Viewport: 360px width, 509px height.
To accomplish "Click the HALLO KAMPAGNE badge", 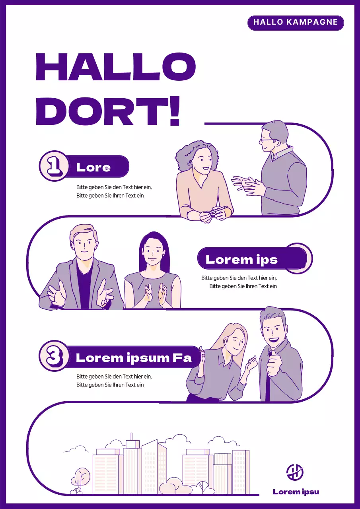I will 295,23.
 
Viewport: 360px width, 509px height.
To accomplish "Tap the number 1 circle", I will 54,166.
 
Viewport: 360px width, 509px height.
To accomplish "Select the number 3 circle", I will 54,356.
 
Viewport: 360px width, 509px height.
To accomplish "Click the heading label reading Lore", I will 94,167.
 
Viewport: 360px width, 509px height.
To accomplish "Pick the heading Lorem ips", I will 241,260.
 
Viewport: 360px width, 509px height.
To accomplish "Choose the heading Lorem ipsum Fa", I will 134,357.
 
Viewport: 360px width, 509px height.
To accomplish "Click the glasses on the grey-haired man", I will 267,140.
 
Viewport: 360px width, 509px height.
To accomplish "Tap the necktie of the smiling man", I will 269,376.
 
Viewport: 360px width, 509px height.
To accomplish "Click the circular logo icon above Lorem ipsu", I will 295,472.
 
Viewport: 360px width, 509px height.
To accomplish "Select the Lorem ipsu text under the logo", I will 296,492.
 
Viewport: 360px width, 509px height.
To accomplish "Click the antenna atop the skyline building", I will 131,436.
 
